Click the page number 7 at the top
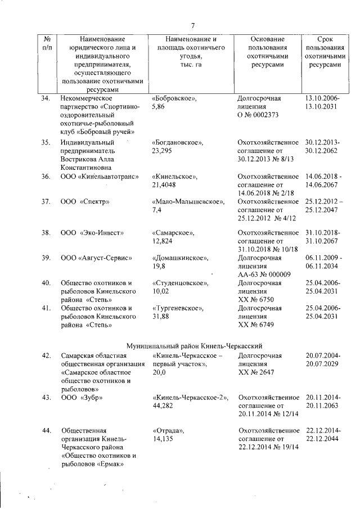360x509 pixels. pos(192,25)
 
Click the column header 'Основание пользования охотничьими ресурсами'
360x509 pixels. pos(267,52)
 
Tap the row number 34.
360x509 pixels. pos(46,98)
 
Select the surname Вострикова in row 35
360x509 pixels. pos(82,159)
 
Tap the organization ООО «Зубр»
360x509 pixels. pos(82,398)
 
